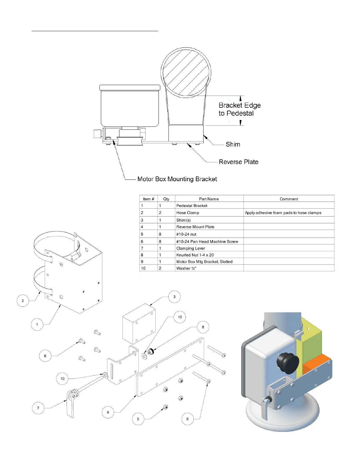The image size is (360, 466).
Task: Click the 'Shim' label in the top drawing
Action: pos(233,144)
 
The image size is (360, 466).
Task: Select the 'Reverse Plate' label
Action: pos(239,162)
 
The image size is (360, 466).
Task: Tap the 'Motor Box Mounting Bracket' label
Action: pos(177,179)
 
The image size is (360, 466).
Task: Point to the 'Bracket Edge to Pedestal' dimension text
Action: pos(239,109)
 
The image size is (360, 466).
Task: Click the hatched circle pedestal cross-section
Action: pos(186,72)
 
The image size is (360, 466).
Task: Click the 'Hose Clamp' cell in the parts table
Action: pos(188,213)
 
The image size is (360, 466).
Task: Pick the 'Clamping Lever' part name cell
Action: pos(191,248)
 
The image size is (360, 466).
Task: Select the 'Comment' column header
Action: pos(289,199)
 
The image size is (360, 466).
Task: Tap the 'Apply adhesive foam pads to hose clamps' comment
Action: pos(283,213)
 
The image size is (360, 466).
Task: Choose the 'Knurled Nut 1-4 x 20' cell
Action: pos(195,255)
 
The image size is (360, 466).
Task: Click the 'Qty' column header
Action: pos(166,199)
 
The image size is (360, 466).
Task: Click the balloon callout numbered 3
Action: pos(174,297)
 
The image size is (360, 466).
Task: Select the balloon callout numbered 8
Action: pos(203,327)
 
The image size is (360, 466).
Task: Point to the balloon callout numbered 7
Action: pos(38,408)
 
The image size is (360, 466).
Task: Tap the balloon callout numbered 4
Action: pos(108,412)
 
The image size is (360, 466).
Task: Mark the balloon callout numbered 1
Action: pos(37,324)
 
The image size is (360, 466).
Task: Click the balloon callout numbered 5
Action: pos(138,419)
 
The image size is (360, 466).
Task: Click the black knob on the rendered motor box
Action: pos(288,363)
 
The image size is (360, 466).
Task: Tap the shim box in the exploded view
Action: pos(139,324)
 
